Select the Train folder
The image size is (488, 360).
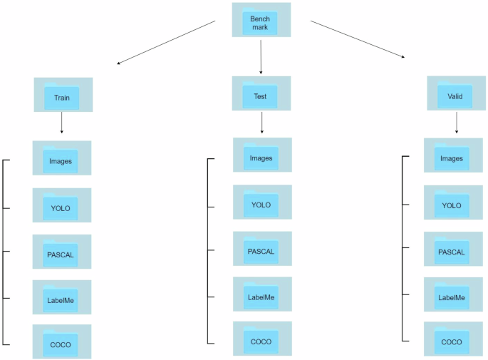(62, 96)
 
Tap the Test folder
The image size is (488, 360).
(261, 94)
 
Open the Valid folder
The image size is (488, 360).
(456, 94)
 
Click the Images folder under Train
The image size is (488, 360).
(62, 159)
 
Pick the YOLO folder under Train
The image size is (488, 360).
(62, 206)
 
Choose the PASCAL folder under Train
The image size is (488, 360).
(62, 252)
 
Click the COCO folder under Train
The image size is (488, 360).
(62, 343)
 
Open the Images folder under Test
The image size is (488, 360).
(261, 156)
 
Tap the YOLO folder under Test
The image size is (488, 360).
(261, 203)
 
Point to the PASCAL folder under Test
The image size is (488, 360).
(261, 250)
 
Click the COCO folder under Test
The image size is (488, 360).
(261, 340)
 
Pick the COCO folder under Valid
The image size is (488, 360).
(452, 341)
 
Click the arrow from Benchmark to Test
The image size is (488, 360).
(261, 57)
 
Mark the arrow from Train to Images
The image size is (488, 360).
(62, 123)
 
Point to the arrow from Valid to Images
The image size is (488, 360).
(456, 123)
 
